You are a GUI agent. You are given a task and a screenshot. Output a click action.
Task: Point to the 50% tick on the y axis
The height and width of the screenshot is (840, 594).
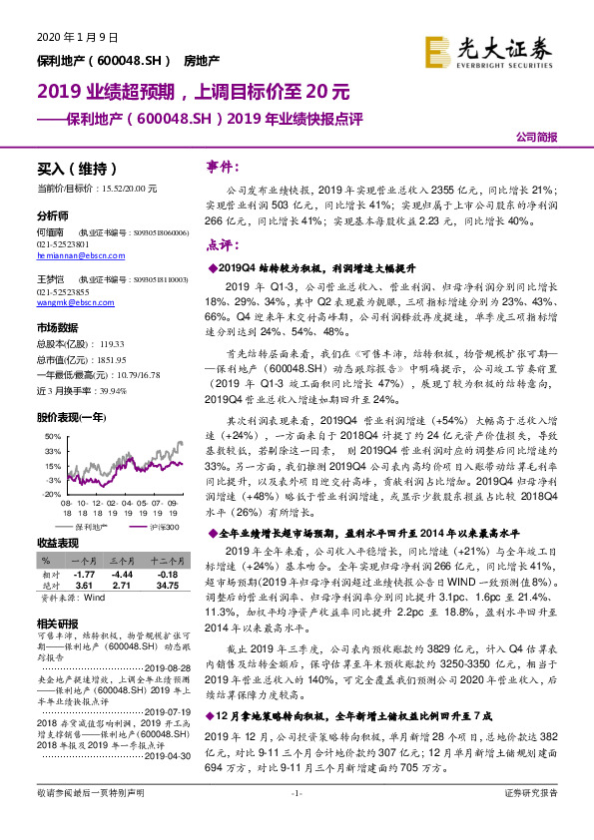(44, 437)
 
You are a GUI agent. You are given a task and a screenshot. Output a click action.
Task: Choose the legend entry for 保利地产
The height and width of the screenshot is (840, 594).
(87, 524)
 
